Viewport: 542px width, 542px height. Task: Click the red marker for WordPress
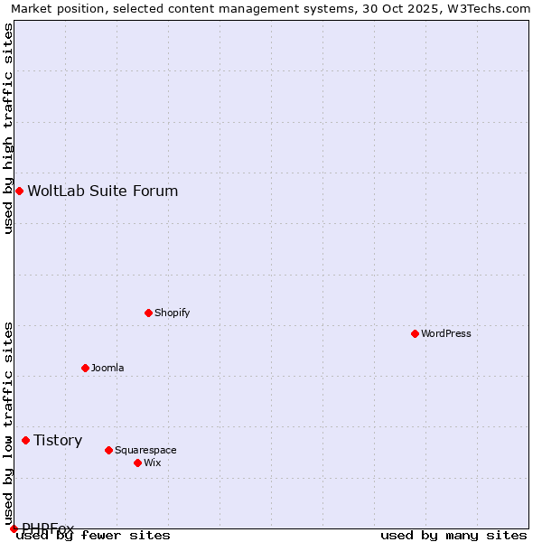(x=415, y=333)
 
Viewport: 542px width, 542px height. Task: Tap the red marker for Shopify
(x=148, y=313)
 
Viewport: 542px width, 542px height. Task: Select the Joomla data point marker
(x=85, y=368)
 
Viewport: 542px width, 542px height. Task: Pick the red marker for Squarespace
(x=108, y=450)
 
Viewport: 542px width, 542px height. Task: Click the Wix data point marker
(x=137, y=463)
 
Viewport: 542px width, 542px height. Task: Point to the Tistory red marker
(x=25, y=440)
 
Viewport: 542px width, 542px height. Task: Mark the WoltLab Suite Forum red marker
(x=19, y=191)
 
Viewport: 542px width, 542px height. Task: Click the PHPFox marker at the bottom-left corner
(x=14, y=528)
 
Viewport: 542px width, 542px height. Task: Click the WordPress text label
(x=446, y=333)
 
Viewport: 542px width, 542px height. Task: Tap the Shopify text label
(x=172, y=313)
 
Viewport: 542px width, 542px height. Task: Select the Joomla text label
(x=107, y=368)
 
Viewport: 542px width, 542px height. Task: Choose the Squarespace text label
(x=145, y=450)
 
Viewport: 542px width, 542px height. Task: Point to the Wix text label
(x=153, y=463)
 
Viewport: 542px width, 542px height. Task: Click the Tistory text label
(x=58, y=440)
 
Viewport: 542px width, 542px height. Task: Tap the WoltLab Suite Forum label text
(x=103, y=191)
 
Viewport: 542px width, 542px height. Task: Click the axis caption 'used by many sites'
(x=453, y=536)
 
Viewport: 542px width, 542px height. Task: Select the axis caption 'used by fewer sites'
(x=94, y=536)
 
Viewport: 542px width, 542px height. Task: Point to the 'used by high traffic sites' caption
(x=8, y=128)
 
